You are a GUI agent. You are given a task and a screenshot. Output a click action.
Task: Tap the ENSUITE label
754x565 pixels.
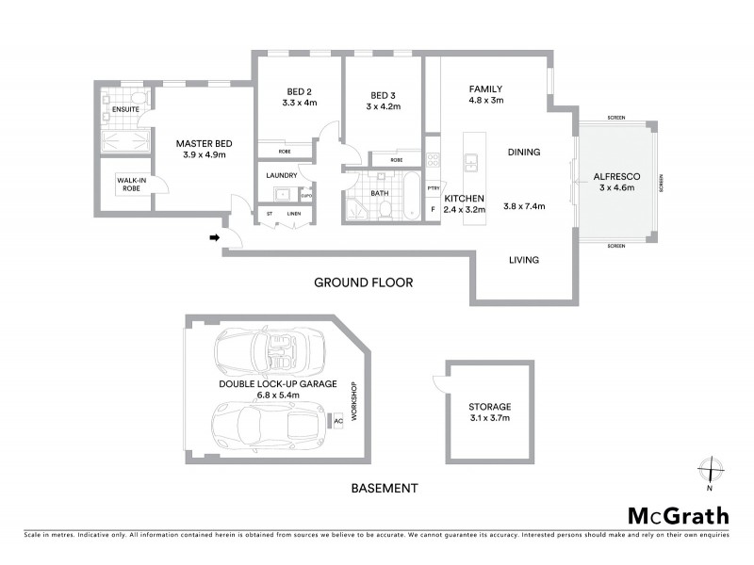tap(125, 110)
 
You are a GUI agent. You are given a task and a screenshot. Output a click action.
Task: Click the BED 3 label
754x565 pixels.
tap(383, 94)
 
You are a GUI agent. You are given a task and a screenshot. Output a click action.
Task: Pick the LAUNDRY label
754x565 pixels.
tap(282, 175)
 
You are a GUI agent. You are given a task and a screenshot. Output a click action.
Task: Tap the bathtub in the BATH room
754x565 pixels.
tap(410, 194)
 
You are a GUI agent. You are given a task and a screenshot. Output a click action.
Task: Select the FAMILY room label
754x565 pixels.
tap(486, 89)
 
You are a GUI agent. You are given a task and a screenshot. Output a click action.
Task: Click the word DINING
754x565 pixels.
tap(523, 152)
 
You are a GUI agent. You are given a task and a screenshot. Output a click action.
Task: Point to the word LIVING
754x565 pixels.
tap(523, 260)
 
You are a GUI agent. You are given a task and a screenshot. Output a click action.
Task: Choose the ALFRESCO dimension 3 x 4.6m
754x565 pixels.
tap(616, 187)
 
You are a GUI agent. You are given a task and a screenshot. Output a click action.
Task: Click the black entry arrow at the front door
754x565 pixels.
tap(215, 238)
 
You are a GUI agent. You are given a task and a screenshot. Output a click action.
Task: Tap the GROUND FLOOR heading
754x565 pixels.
tap(363, 282)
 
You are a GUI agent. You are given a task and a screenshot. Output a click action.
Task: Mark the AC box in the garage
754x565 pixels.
tap(337, 422)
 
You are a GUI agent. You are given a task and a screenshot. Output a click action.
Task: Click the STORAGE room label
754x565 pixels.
tap(490, 406)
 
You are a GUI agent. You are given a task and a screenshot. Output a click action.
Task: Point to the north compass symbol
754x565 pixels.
tap(709, 469)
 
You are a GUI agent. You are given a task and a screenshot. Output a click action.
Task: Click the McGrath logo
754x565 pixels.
tap(679, 515)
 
